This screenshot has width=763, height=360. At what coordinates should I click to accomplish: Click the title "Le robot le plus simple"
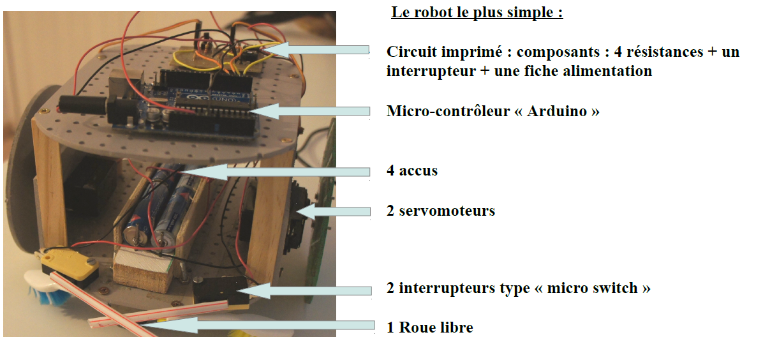[477, 12]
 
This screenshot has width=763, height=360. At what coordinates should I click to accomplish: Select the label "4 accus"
[412, 171]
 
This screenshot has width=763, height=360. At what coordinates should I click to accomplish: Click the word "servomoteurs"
[447, 211]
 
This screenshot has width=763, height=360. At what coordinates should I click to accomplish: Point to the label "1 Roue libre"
[430, 328]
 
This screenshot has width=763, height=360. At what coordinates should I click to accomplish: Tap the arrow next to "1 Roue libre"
[255, 326]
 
